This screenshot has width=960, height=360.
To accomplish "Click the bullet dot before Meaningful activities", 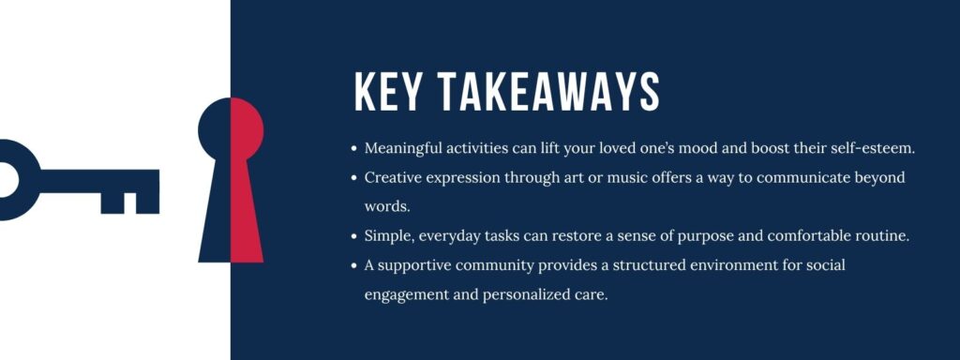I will tap(353, 149).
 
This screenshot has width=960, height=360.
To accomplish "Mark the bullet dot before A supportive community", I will tap(353, 265).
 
